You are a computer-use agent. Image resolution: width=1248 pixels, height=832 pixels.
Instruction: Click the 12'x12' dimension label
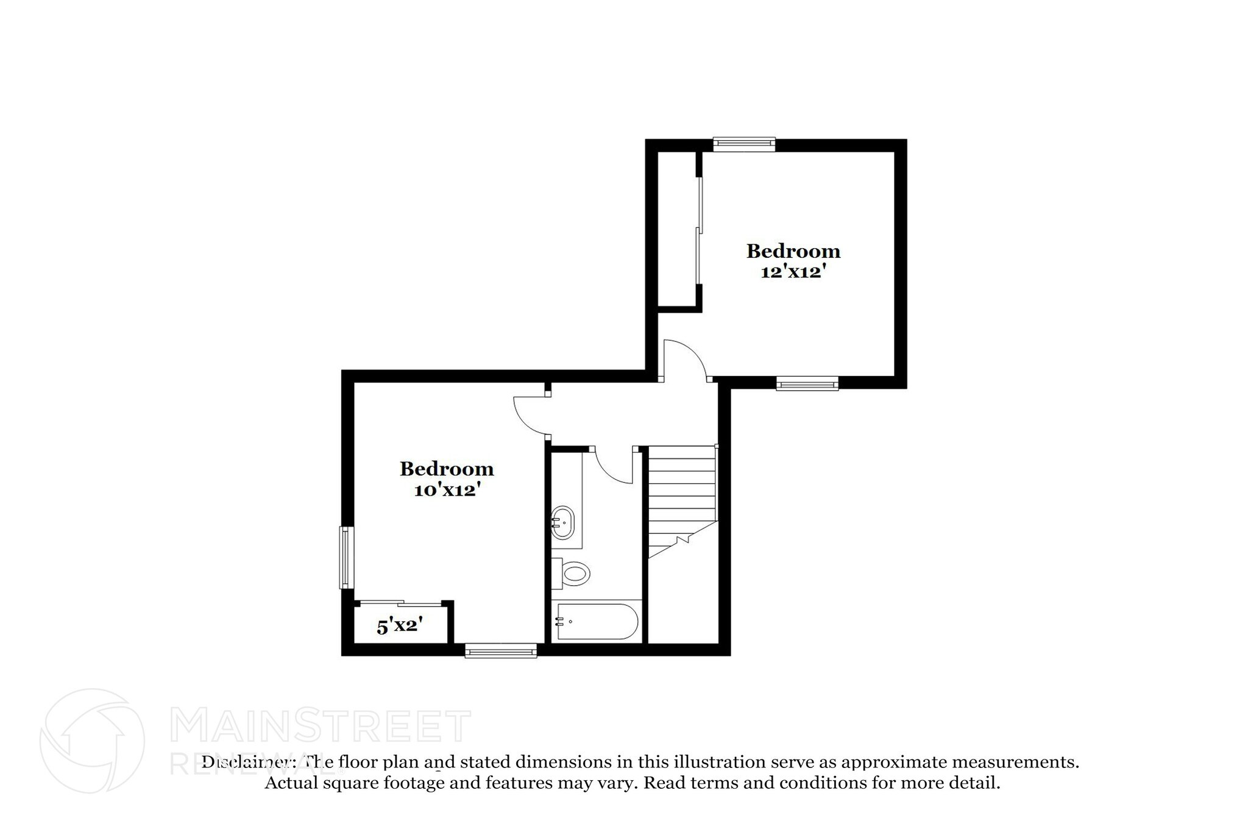pyautogui.click(x=793, y=272)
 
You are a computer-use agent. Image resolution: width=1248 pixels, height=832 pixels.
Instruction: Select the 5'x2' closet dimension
pyautogui.click(x=400, y=625)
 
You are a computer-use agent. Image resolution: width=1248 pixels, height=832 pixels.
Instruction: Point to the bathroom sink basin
pyautogui.click(x=562, y=522)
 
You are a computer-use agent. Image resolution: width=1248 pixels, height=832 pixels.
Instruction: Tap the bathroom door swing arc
pyautogui.click(x=612, y=466)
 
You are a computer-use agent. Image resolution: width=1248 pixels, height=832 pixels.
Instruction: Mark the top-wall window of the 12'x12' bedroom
pyautogui.click(x=744, y=144)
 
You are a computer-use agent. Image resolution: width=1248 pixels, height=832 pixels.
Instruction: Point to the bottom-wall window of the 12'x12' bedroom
pyautogui.click(x=807, y=383)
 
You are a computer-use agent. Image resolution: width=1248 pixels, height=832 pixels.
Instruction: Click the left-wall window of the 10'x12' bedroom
pyautogui.click(x=346, y=558)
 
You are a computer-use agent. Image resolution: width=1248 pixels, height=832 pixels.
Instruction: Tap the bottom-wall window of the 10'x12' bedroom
pyautogui.click(x=501, y=652)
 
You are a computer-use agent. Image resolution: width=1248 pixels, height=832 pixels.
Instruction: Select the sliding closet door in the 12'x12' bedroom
pyautogui.click(x=700, y=231)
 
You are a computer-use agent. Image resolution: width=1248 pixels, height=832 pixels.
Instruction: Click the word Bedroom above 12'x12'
pyautogui.click(x=793, y=251)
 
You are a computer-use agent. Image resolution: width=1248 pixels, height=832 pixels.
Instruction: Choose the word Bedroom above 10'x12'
pyautogui.click(x=447, y=469)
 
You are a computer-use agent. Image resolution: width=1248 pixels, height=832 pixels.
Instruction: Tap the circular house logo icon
pyautogui.click(x=92, y=741)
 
